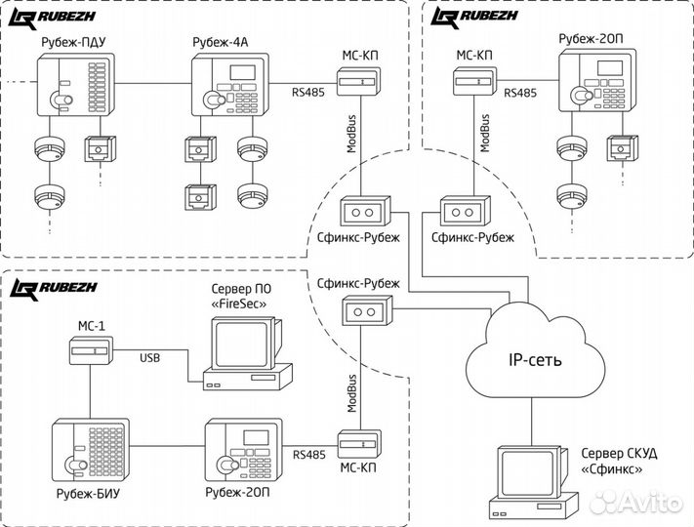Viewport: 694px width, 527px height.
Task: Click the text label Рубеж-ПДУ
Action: tap(71, 43)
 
